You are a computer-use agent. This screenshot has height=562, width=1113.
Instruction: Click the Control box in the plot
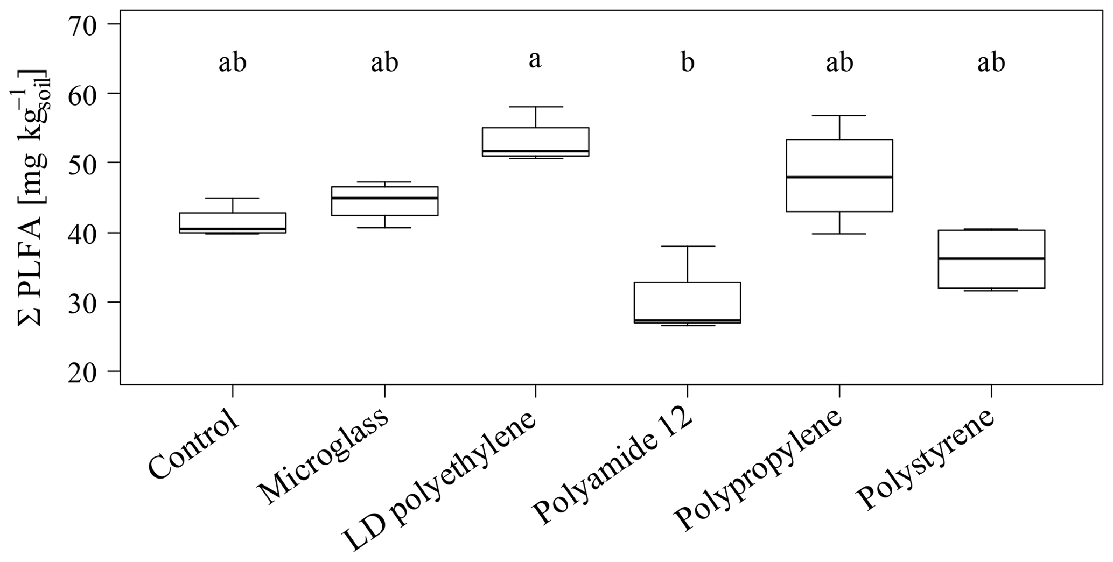(x=232, y=222)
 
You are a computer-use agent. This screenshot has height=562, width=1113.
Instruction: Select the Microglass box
(x=384, y=201)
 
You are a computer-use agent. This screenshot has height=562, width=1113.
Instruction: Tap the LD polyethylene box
(x=535, y=142)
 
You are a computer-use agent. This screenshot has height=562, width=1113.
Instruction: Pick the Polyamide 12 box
(x=687, y=302)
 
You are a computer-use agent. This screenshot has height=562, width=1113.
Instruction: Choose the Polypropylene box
(x=839, y=175)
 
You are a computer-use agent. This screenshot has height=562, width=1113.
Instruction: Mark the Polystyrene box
(x=991, y=259)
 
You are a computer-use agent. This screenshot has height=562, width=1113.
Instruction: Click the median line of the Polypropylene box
(x=839, y=177)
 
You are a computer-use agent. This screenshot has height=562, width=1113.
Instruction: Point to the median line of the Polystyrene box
(x=991, y=259)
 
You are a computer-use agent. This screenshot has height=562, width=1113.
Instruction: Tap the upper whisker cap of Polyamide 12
(x=687, y=246)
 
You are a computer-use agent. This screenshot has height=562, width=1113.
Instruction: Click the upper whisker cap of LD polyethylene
(x=535, y=107)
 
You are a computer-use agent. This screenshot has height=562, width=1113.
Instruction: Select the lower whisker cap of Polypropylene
(x=839, y=234)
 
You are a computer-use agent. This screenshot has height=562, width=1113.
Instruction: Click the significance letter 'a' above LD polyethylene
(x=535, y=60)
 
